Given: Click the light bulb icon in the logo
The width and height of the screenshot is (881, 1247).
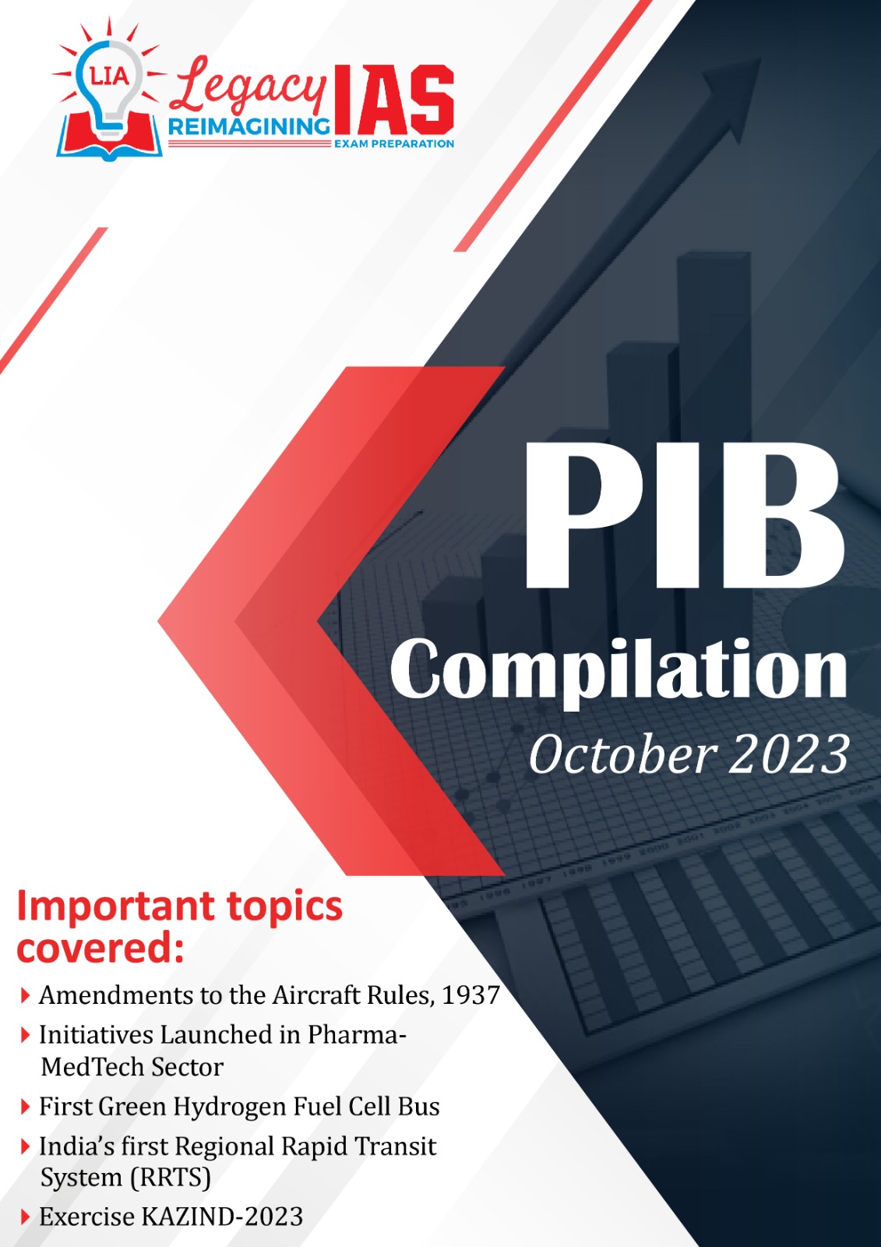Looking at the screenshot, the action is (x=110, y=89).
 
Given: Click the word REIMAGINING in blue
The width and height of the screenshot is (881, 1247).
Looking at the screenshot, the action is (x=248, y=127).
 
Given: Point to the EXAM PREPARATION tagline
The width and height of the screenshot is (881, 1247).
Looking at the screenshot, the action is (x=393, y=143).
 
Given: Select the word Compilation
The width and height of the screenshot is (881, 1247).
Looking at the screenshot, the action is (x=618, y=672).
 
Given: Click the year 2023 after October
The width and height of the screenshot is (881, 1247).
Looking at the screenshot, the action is (x=788, y=755).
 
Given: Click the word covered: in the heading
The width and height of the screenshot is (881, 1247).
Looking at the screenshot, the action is (x=100, y=949).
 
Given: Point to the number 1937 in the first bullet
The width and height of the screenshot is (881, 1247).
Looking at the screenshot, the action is (x=470, y=994).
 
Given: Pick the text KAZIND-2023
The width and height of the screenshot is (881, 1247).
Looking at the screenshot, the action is (x=223, y=1217).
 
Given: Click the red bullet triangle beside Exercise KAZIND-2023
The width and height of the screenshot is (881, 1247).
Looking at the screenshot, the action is (x=25, y=1217).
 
